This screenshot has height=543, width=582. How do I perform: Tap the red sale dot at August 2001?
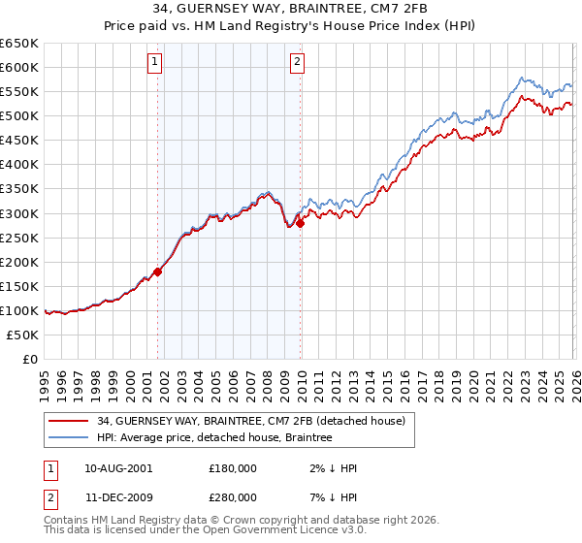pyautogui.click(x=158, y=271)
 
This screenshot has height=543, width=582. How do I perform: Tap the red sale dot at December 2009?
pyautogui.click(x=300, y=223)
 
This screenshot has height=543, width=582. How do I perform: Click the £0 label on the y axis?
pyautogui.click(x=29, y=359)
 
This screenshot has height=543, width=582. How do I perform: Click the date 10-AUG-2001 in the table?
pyautogui.click(x=118, y=468)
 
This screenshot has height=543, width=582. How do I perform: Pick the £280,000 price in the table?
pyautogui.click(x=232, y=497)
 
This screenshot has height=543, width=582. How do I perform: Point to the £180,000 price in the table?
pyautogui.click(x=232, y=468)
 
